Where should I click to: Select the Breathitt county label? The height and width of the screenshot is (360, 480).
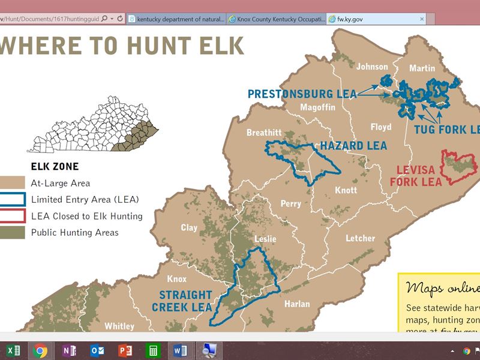tap(264, 133)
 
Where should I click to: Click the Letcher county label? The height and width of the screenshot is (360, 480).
tap(360, 238)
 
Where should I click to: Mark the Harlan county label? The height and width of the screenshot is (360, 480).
tap(297, 304)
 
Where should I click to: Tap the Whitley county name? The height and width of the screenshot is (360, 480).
tap(119, 326)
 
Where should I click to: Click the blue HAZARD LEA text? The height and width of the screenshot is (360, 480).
tap(353, 146)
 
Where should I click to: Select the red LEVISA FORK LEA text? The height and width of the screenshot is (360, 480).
tap(415, 175)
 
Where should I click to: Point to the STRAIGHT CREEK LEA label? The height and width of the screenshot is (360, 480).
tap(185, 301)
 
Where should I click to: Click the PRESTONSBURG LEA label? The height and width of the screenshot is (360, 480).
tap(302, 94)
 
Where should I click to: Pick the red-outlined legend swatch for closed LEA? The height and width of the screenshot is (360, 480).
tap(13, 216)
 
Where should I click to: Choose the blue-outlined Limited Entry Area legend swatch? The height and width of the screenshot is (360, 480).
tap(13, 199)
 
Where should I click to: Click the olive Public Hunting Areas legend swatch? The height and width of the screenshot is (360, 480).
tap(13, 233)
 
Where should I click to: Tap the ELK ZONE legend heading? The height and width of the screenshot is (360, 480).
tap(54, 166)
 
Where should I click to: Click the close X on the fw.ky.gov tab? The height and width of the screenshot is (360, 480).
tap(422, 19)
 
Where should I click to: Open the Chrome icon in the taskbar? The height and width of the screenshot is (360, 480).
tap(40, 350)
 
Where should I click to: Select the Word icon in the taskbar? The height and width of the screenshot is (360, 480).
tap(180, 350)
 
